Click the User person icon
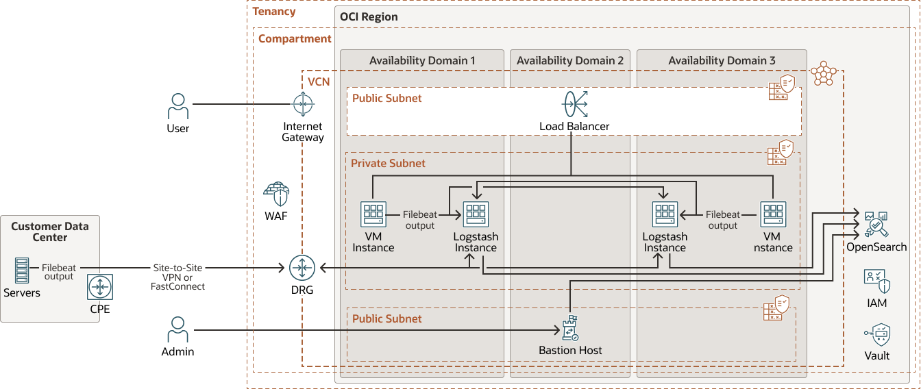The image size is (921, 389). pos(178,107)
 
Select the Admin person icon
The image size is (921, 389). pos(178,330)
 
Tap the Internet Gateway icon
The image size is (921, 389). pos(302,105)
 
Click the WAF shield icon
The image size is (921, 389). pos(277,194)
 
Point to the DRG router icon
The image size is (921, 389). pos(302,267)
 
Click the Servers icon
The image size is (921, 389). pos(22,271)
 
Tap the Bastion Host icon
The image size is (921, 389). pos(570,329)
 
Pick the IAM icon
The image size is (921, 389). pos(876,281)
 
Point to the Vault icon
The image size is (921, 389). pos(877,335)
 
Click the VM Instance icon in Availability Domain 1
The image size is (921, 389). pos(373,214)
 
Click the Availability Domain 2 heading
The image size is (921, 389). pos(570,61)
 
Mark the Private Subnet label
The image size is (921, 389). pos(388,164)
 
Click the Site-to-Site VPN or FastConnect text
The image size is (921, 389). pos(177,277)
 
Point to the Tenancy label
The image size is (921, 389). pos(274,12)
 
